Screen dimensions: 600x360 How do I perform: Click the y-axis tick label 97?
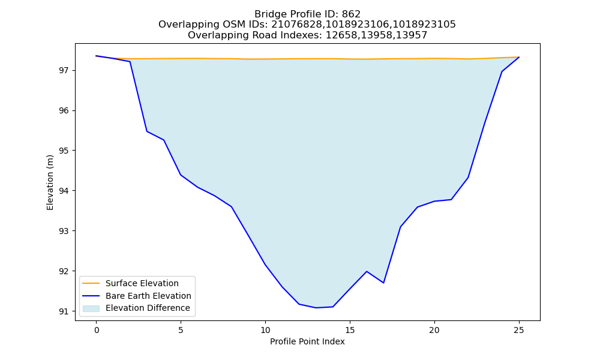(x=64, y=70)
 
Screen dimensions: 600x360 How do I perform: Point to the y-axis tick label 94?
(x=64, y=191)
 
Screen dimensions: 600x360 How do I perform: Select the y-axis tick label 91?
(x=64, y=311)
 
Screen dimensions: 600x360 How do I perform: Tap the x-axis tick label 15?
(x=350, y=330)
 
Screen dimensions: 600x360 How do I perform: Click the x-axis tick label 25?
(x=519, y=330)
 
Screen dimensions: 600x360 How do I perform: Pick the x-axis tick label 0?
(x=97, y=330)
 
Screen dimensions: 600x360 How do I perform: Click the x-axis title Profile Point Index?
(x=307, y=341)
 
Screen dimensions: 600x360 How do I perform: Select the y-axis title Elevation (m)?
(x=50, y=182)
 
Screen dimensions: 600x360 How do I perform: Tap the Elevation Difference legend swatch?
(x=91, y=308)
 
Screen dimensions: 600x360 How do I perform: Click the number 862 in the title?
(x=351, y=14)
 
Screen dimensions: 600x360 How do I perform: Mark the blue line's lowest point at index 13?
(x=316, y=308)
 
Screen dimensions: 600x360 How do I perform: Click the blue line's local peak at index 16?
(x=367, y=272)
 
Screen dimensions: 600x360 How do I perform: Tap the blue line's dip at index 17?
(x=383, y=283)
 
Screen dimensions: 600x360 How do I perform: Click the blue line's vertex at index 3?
(x=147, y=131)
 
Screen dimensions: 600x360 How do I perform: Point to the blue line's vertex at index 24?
(x=502, y=71)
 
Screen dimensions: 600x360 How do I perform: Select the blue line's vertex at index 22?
(x=468, y=178)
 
